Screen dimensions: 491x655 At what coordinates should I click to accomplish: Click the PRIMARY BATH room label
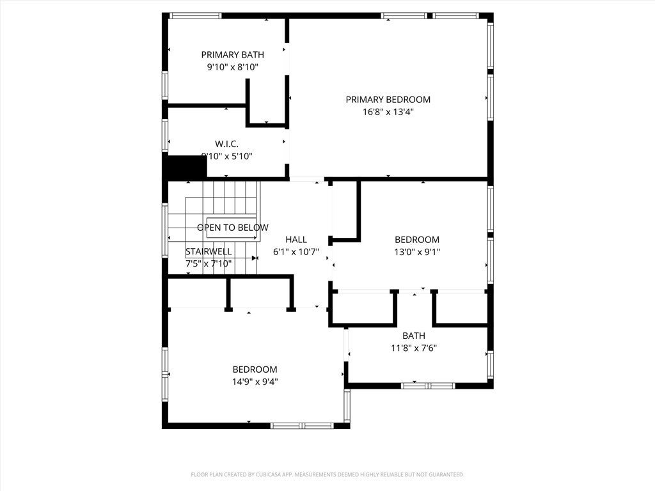232,55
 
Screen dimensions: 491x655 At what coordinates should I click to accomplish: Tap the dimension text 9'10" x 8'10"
232,67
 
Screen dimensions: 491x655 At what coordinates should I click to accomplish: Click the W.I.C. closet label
226,144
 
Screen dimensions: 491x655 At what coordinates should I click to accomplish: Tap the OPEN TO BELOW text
232,228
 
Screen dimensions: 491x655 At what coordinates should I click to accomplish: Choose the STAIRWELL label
209,251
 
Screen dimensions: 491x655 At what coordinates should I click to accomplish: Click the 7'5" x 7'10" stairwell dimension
209,263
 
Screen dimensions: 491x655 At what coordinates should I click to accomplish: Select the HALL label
296,240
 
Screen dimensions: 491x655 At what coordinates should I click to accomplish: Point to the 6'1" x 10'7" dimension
296,252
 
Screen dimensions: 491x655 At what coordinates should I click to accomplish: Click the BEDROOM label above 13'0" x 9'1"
416,240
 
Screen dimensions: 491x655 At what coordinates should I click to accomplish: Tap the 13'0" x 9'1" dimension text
416,252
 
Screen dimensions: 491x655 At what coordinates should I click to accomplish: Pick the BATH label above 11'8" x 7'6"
413,336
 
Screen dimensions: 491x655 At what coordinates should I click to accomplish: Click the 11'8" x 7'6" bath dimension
413,348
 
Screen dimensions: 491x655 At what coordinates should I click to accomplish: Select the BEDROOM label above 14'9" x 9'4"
255,370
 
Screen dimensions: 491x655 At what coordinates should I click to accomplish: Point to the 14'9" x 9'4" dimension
255,382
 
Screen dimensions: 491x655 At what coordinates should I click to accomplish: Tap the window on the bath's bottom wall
428,386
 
